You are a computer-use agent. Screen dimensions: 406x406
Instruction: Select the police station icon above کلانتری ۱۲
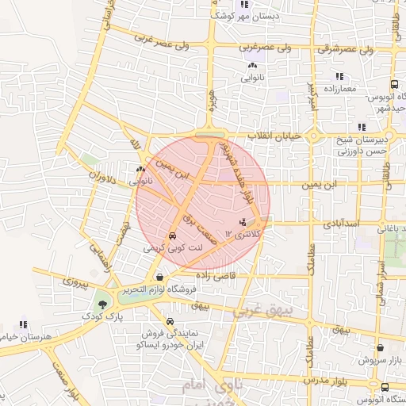pyautogui.click(x=243, y=221)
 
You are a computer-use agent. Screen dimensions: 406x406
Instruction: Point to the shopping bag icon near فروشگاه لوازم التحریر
pyautogui.click(x=161, y=278)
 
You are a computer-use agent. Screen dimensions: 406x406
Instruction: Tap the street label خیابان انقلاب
pyautogui.click(x=275, y=136)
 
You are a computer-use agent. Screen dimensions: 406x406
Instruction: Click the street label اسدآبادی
pyautogui.click(x=342, y=224)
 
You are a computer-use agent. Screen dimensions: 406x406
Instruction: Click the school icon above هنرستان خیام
pyautogui.click(x=23, y=324)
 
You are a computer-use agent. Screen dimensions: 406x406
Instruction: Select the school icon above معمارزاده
pyautogui.click(x=339, y=76)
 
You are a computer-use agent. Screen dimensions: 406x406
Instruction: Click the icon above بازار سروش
pyautogui.click(x=381, y=347)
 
